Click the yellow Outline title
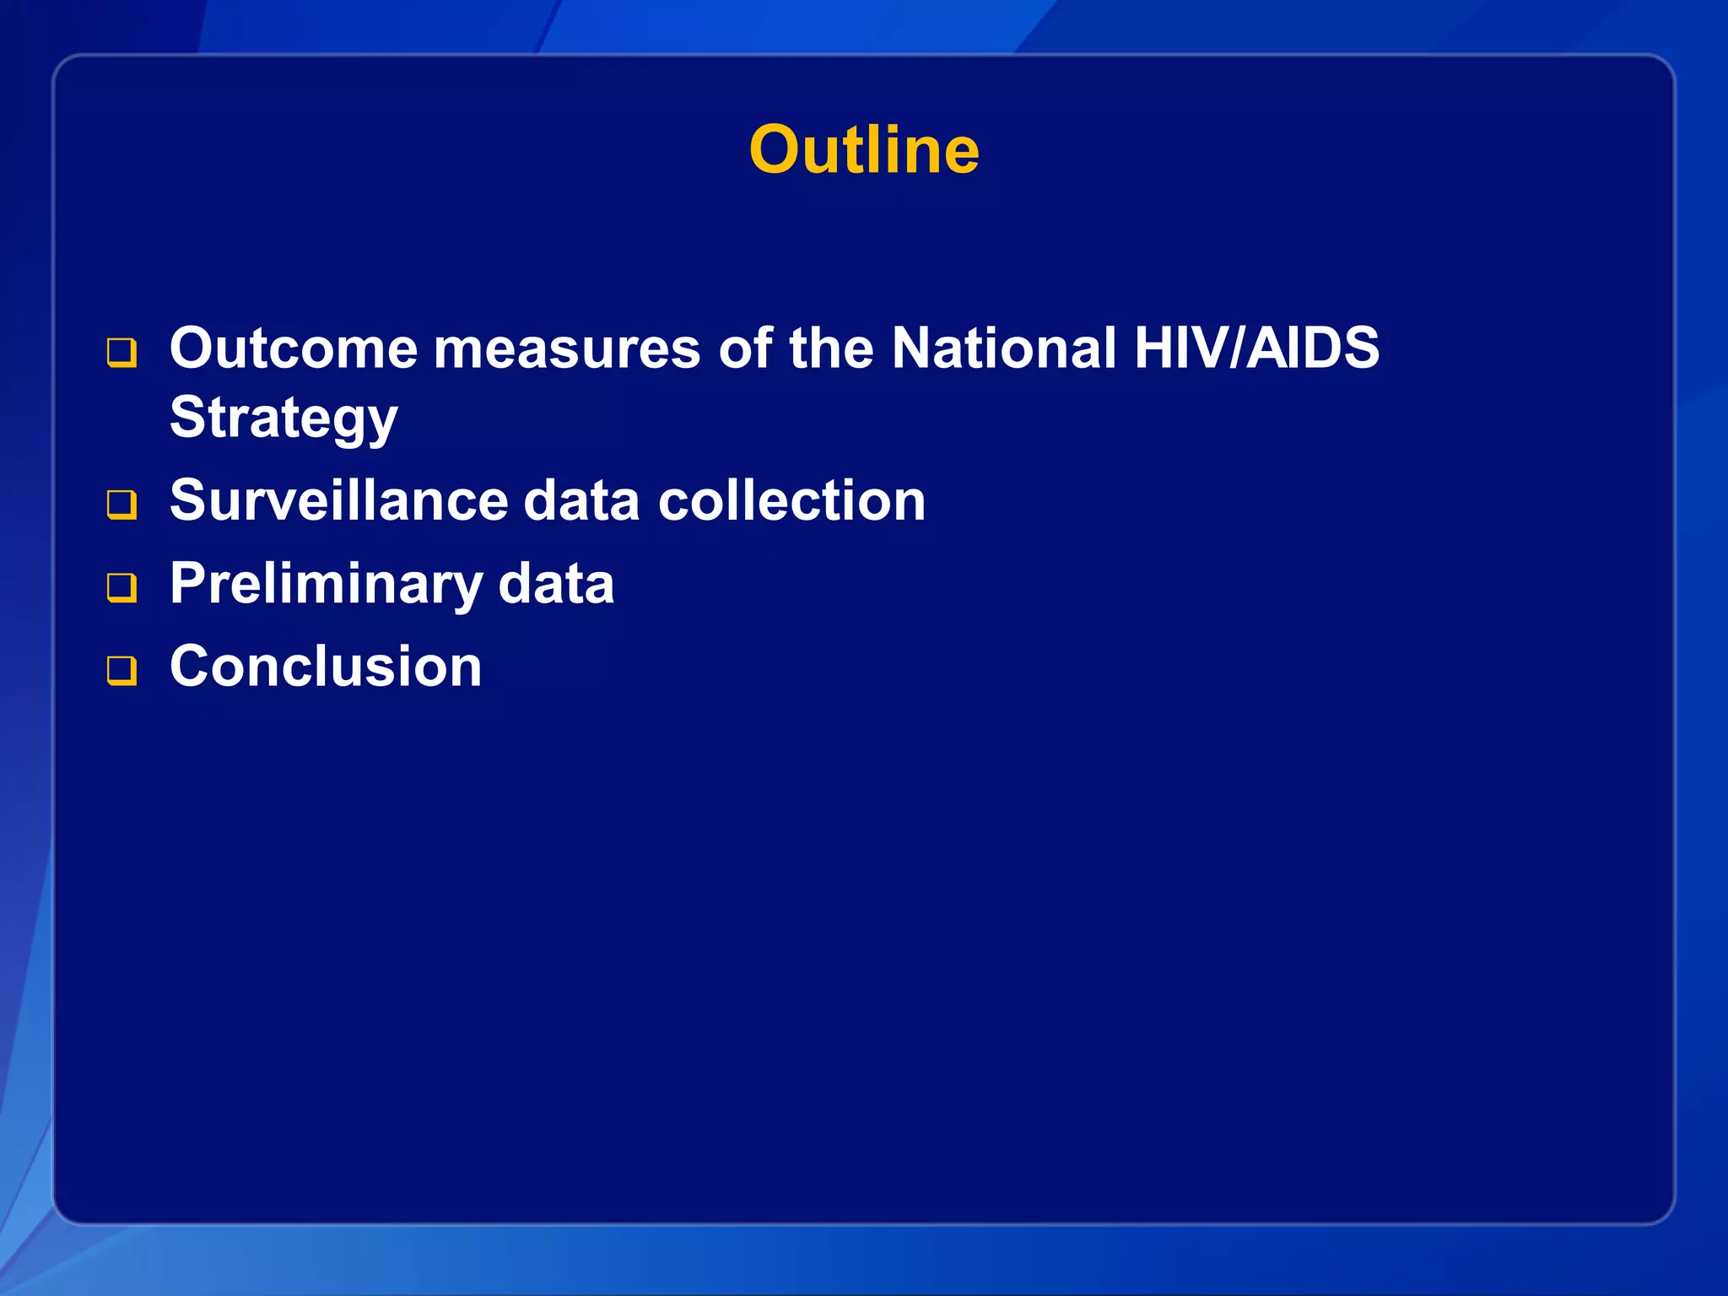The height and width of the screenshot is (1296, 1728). pyautogui.click(x=864, y=150)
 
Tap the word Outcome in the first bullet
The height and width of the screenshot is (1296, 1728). pyautogui.click(x=293, y=348)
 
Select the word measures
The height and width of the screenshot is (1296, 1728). pyautogui.click(x=566, y=349)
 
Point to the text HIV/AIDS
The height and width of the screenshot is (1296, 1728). pyautogui.click(x=1256, y=348)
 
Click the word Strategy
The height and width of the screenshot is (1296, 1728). pyautogui.click(x=283, y=418)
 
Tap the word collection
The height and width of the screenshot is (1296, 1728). pyautogui.click(x=791, y=500)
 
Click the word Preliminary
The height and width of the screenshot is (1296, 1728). pyautogui.click(x=326, y=584)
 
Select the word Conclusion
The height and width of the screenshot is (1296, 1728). pyautogui.click(x=326, y=667)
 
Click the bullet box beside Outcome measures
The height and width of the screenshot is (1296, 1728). pyautogui.click(x=121, y=353)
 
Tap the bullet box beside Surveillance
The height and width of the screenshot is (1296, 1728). pyautogui.click(x=121, y=505)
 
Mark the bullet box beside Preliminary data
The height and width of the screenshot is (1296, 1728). pyautogui.click(x=121, y=587)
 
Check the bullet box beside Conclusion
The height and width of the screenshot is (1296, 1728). pyautogui.click(x=121, y=671)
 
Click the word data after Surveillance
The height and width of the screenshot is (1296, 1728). pyautogui.click(x=581, y=500)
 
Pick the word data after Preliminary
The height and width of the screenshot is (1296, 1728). pyautogui.click(x=556, y=584)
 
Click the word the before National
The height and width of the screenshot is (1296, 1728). pyautogui.click(x=831, y=348)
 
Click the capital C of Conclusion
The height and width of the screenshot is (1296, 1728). pyautogui.click(x=191, y=667)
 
